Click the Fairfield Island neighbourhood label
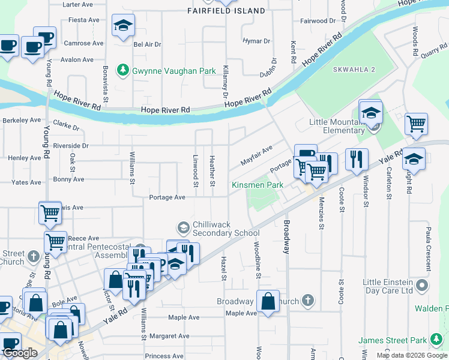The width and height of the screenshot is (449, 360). (226, 11)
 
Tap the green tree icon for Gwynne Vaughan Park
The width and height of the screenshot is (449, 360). (123, 70)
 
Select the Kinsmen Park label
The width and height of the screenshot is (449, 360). (258, 185)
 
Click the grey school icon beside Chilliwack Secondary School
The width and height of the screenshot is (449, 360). (183, 227)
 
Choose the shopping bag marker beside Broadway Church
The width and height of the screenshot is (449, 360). (268, 301)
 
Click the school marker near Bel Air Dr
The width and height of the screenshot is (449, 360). (123, 26)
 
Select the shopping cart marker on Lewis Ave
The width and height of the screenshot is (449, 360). (50, 212)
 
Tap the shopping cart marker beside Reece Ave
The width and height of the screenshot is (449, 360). (55, 242)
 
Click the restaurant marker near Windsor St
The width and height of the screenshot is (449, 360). (357, 159)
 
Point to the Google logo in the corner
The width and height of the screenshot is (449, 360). (20, 353)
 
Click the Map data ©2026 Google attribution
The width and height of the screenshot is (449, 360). (412, 355)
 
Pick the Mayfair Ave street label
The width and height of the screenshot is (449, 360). (256, 155)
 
